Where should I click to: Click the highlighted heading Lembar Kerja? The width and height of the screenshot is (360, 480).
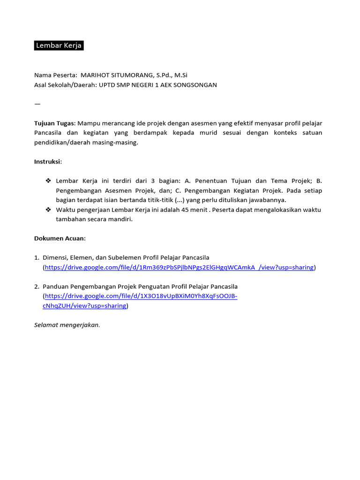pos(59,45)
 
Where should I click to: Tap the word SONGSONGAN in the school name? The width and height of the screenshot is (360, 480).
pos(196,85)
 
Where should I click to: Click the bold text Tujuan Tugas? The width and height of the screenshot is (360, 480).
pos(54,123)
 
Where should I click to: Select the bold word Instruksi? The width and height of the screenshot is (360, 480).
pos(47,162)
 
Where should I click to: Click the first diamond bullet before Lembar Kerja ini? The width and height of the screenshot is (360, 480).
pos(48,181)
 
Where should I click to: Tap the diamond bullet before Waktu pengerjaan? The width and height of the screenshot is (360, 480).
pos(48,210)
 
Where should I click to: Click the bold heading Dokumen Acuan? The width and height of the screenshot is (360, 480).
pos(60,238)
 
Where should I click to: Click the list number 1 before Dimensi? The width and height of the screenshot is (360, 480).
pos(37,257)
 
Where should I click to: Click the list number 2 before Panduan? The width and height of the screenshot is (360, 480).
pos(37,286)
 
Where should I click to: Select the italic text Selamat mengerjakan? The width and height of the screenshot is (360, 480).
pos(67,325)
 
